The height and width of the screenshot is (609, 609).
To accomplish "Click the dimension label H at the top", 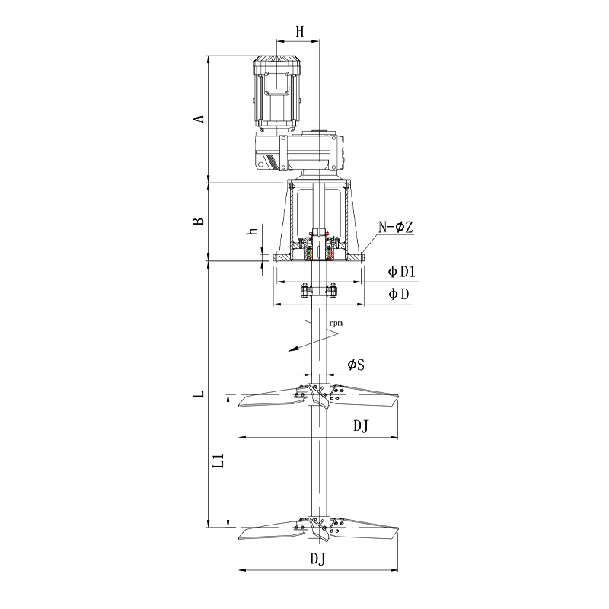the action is click(x=300, y=32).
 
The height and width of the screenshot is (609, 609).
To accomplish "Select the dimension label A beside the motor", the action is click(x=199, y=118).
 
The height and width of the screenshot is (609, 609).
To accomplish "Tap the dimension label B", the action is click(x=199, y=221).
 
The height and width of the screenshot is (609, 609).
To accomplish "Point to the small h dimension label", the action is click(x=253, y=231).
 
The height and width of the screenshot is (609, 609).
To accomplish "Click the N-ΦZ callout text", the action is click(x=396, y=227).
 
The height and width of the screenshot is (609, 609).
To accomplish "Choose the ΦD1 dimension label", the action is click(x=402, y=272).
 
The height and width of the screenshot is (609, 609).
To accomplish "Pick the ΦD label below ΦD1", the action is click(x=399, y=294).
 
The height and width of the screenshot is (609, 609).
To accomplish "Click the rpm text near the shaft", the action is click(x=336, y=323).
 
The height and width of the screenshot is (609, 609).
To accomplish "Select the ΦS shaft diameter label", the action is click(x=356, y=365).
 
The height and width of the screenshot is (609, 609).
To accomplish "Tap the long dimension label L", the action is click(x=199, y=394).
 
